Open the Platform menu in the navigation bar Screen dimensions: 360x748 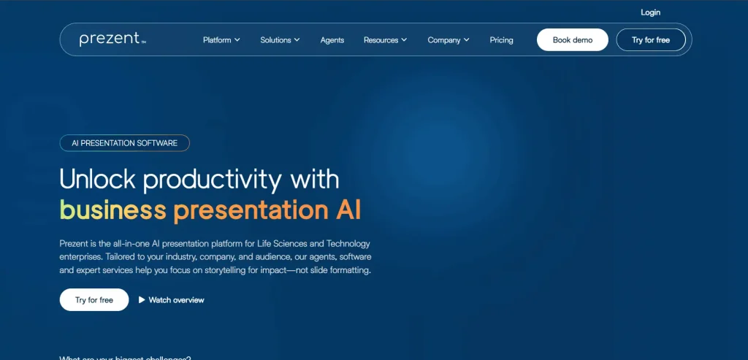click(221, 40)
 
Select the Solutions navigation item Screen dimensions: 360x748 click(280, 40)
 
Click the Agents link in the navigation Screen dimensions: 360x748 click(332, 40)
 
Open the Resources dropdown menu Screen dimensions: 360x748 click(385, 40)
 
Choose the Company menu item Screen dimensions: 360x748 click(449, 40)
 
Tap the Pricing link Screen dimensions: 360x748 click(501, 40)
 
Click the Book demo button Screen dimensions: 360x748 click(573, 40)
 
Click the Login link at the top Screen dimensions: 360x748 click(650, 12)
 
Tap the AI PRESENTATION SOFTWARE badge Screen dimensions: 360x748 click(124, 143)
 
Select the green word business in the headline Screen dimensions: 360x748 click(112, 210)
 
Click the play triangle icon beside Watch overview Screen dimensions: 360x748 click(142, 300)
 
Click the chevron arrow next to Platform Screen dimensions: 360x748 click(237, 40)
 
